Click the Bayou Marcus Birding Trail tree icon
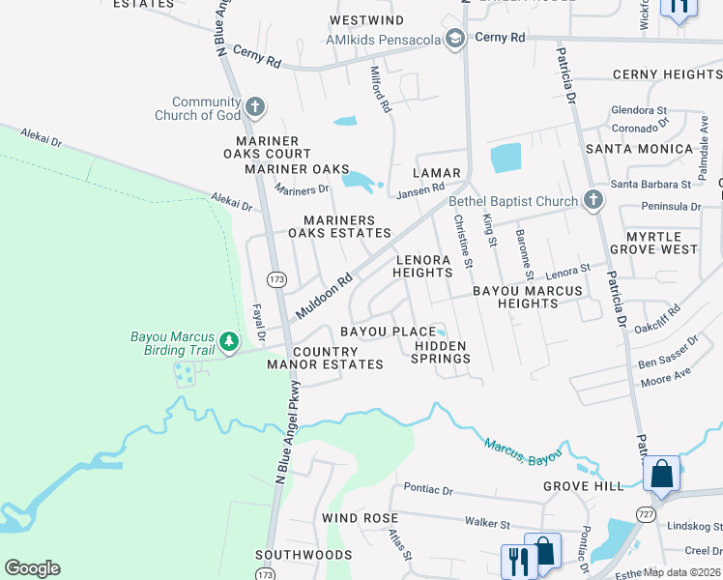tap(229, 341)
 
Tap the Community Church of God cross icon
tap(254, 105)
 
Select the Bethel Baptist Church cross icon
tap(593, 201)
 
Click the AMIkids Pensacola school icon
tap(456, 39)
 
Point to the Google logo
tap(32, 567)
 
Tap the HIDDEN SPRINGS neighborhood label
tap(441, 352)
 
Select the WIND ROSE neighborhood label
tap(354, 518)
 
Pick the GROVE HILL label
tap(584, 485)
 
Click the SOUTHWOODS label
tap(304, 555)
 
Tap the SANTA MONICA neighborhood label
tap(625, 149)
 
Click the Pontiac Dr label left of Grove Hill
tap(428, 489)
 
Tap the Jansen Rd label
tap(419, 191)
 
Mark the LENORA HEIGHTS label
tap(422, 266)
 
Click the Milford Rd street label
tap(381, 88)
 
